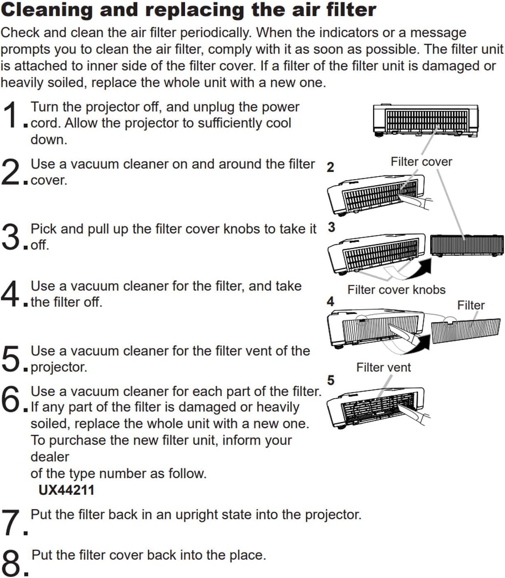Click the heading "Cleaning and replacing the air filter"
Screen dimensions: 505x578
(x=188, y=10)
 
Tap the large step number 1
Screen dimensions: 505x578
(x=12, y=115)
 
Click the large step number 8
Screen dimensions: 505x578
(x=12, y=563)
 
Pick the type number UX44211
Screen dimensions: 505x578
(x=66, y=490)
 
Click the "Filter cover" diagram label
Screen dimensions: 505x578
(x=421, y=162)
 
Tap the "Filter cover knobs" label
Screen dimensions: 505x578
(x=396, y=290)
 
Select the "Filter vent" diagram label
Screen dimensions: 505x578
(x=383, y=367)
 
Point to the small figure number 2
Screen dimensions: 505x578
(x=330, y=168)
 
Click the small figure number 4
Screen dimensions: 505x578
(x=330, y=301)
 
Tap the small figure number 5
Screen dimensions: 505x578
(x=330, y=380)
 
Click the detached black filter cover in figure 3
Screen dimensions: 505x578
(x=466, y=245)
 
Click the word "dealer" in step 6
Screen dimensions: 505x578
(x=50, y=457)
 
